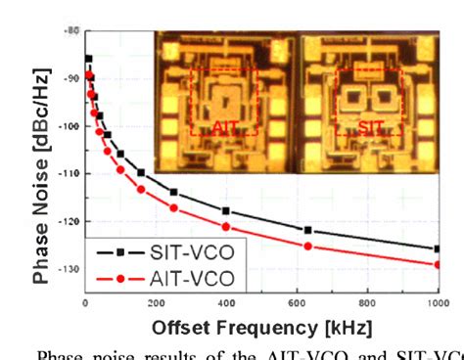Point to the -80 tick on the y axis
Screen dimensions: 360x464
[71, 31]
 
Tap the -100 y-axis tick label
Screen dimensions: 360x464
[69, 126]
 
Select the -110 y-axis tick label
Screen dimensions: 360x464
[69, 173]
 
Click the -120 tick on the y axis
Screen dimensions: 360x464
[69, 221]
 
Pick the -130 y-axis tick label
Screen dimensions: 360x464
[69, 268]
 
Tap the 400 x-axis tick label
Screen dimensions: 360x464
[226, 303]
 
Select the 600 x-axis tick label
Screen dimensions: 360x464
[297, 303]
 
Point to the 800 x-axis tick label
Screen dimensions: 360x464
[367, 303]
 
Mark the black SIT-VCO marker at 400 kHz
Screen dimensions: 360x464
[226, 211]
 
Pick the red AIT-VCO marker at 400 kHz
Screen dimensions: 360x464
[226, 227]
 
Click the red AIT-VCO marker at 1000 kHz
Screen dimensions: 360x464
[437, 264]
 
